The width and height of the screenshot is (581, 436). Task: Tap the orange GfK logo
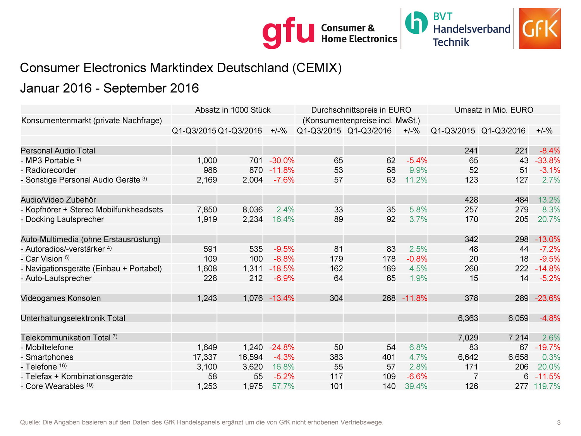tap(540, 28)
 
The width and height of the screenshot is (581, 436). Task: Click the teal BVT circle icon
tap(416, 22)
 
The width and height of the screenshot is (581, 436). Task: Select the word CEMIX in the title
tap(316, 68)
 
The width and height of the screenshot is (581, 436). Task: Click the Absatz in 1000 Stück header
tap(232, 110)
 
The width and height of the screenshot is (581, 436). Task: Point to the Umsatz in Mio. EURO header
tap(493, 110)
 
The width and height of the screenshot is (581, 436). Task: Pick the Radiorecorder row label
tap(51, 170)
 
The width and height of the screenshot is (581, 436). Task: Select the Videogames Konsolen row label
tap(60, 298)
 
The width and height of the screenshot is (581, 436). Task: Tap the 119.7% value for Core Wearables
tap(547, 386)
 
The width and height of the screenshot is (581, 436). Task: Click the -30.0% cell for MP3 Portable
tap(282, 160)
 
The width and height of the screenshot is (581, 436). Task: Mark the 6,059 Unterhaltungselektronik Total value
tap(518, 318)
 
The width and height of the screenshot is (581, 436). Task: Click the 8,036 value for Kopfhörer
tap(253, 210)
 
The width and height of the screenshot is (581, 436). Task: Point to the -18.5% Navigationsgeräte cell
tap(282, 269)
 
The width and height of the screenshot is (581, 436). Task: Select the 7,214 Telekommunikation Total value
tap(518, 338)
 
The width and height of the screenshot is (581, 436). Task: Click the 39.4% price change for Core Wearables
tap(416, 386)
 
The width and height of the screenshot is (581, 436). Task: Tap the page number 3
tap(559, 422)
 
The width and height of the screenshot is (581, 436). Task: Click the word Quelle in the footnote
tap(29, 422)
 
